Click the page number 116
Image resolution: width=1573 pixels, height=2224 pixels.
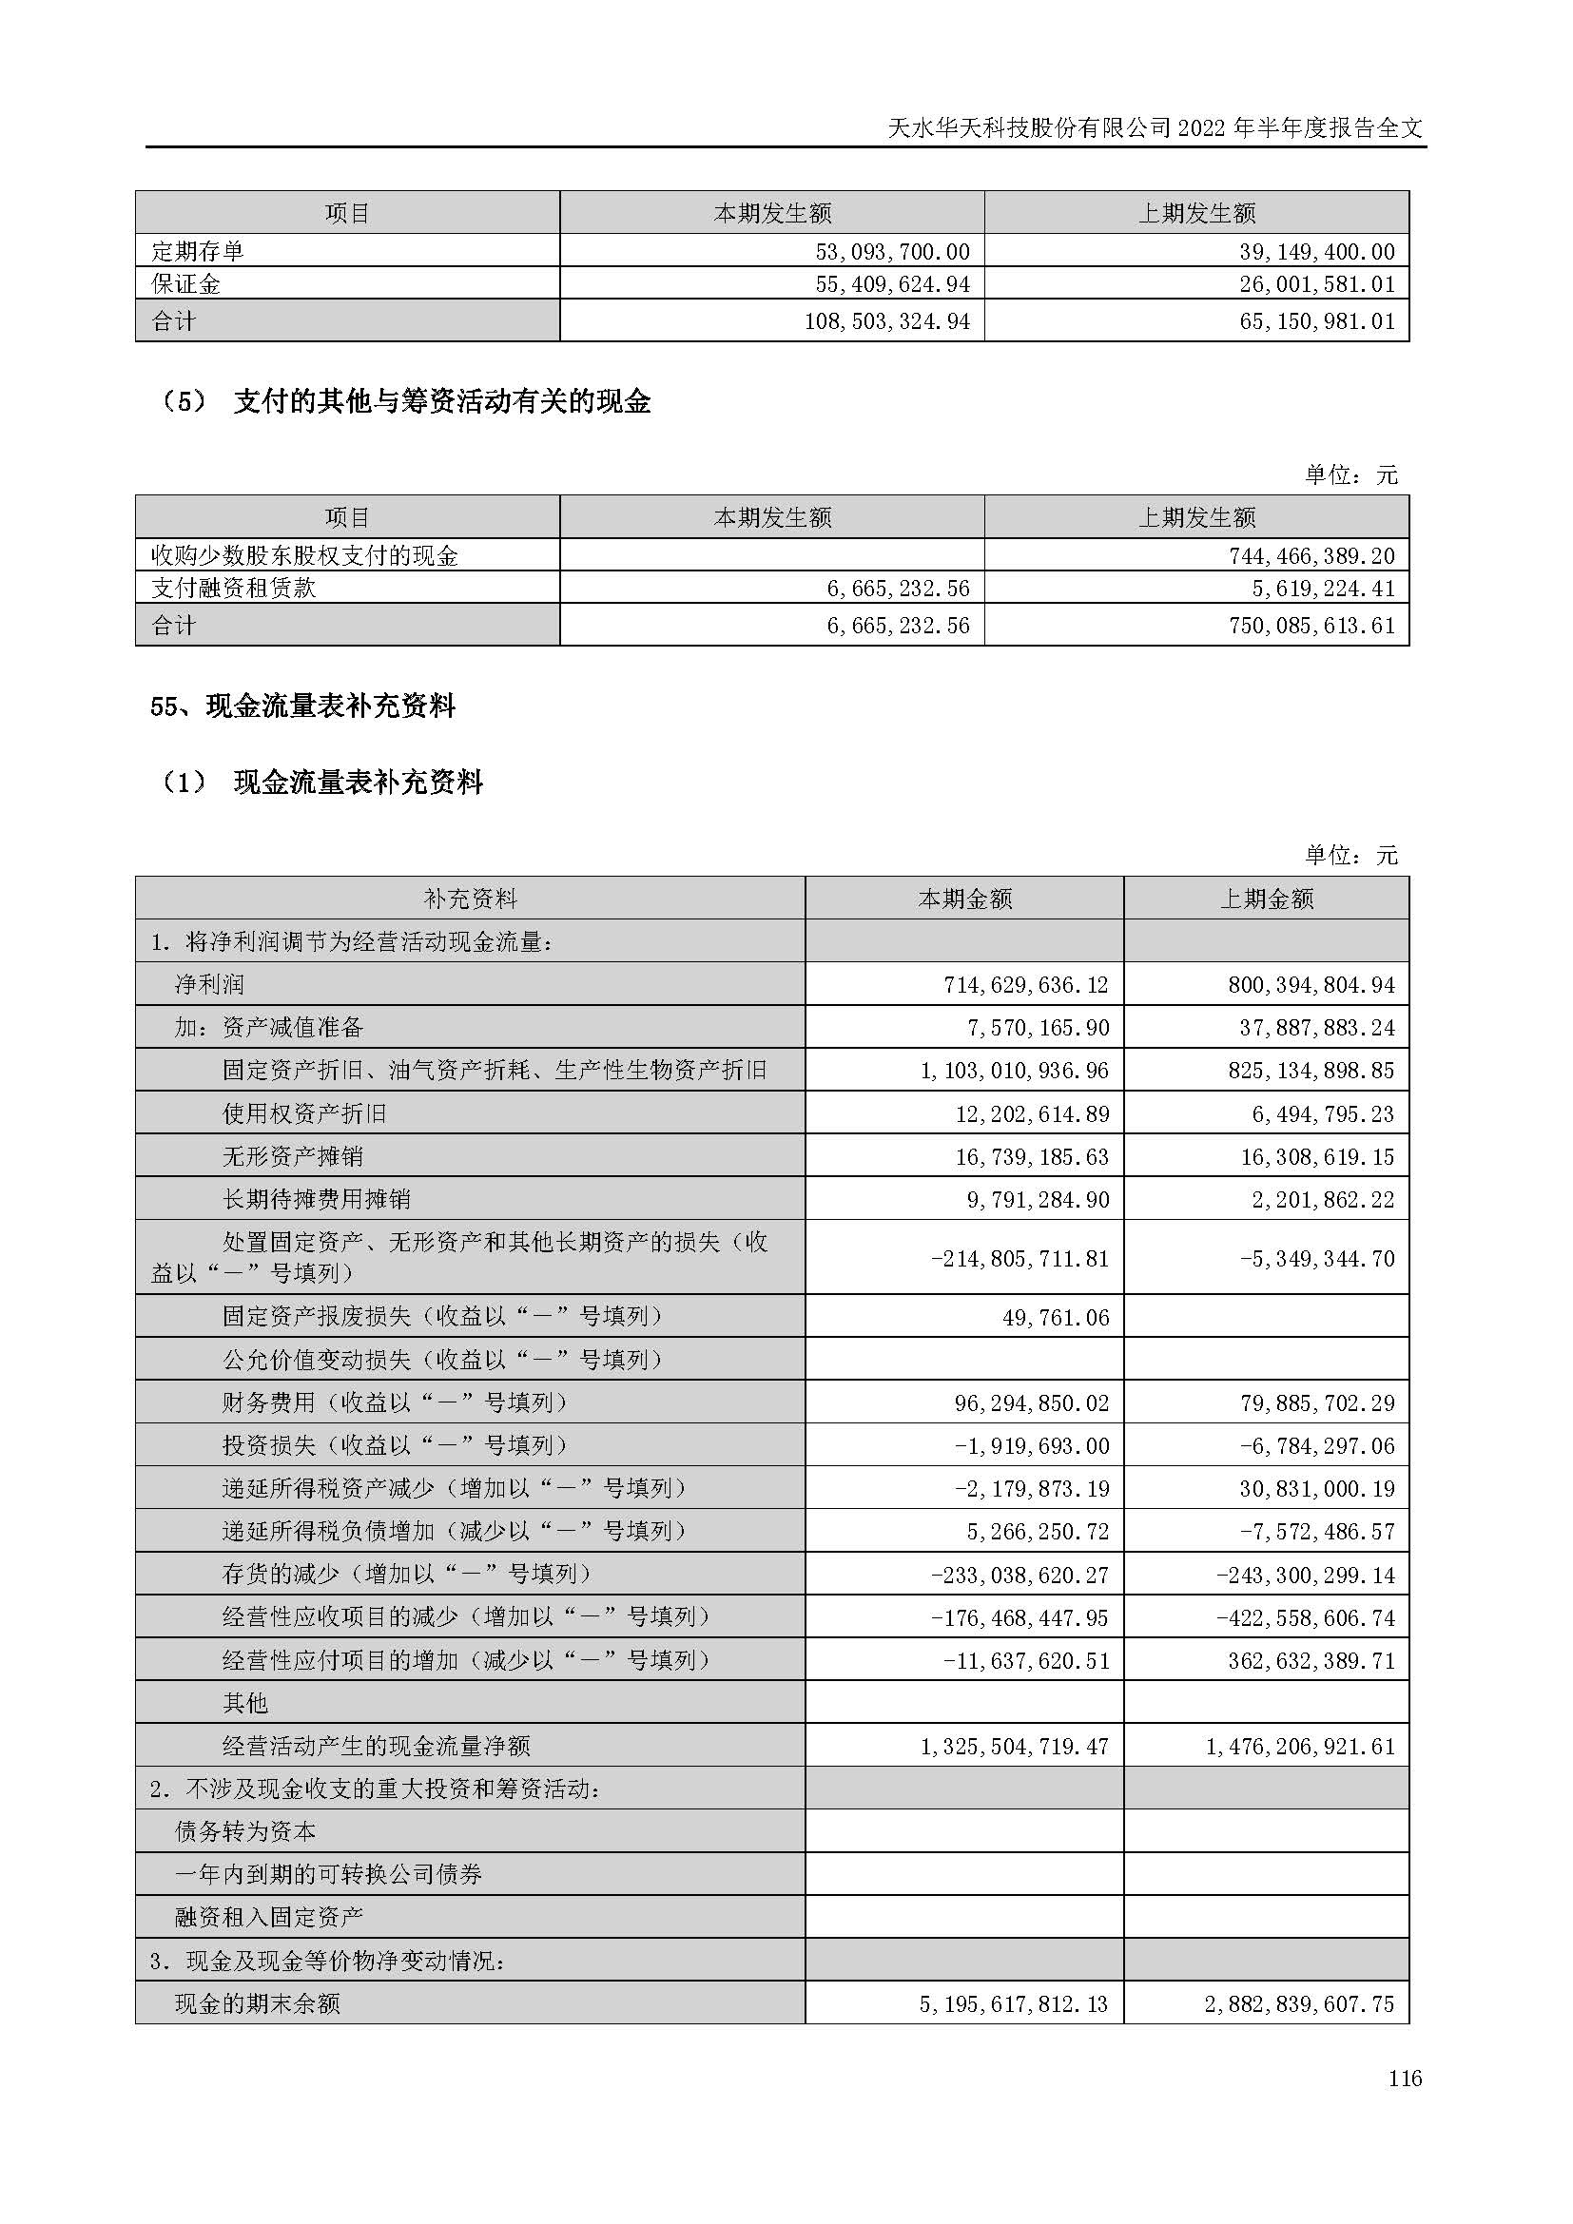coord(1404,2078)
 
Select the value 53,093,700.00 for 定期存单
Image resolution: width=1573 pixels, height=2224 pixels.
coord(891,252)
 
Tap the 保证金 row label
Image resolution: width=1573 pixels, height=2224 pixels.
coord(186,283)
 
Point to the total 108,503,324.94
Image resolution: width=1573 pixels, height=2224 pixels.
coord(886,321)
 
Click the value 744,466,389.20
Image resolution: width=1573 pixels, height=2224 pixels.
coord(1316,556)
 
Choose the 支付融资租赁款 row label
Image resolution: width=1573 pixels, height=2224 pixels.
coord(233,588)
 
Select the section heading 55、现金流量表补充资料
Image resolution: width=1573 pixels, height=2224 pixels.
coord(302,706)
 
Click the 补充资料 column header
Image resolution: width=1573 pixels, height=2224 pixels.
coord(470,899)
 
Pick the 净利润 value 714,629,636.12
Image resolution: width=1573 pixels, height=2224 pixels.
coord(1026,985)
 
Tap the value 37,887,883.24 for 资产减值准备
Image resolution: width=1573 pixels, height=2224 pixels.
coord(1316,1028)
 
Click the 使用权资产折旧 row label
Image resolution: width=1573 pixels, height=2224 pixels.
coord(304,1114)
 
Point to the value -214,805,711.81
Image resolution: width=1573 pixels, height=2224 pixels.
coord(1019,1258)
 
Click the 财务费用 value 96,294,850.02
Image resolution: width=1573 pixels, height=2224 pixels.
coord(1032,1402)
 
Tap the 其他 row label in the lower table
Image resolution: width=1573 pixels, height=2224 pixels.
coord(245,1703)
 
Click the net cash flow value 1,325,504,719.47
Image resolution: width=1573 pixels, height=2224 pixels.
coord(1013,1747)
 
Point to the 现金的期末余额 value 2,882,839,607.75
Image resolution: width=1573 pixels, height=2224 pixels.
coord(1299,2004)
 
